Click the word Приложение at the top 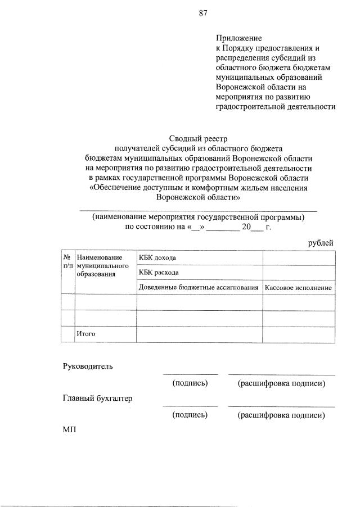point(238,38)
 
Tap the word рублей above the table point(321,242)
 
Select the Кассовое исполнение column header point(298,288)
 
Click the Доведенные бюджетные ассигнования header point(199,288)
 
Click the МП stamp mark point(68,430)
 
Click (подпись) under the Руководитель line point(190,383)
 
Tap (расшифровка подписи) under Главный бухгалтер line point(281,415)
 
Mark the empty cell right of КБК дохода point(298,258)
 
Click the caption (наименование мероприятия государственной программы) point(199,216)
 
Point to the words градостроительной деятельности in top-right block point(276,106)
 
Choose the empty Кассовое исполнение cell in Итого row point(298,334)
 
